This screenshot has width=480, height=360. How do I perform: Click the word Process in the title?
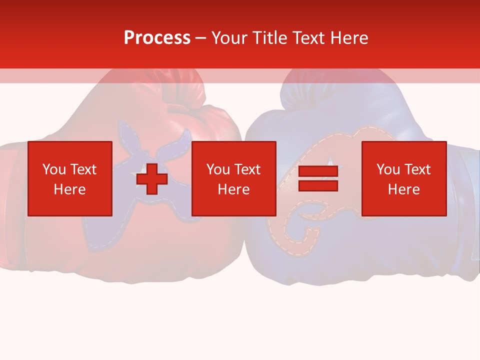157,38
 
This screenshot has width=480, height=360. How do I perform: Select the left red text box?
70,178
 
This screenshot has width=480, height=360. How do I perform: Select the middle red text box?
234,178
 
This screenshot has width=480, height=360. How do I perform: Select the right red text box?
404,178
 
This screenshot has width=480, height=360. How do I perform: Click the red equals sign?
318,178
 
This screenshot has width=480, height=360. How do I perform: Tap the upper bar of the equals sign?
318,171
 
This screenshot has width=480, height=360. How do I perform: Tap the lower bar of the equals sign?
318,185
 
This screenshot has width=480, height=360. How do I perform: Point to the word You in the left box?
53,169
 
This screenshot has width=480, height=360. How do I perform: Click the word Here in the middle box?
234,189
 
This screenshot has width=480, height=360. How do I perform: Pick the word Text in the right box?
418,169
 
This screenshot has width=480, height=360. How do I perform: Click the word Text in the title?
309,38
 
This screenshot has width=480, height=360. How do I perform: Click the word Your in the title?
229,38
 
